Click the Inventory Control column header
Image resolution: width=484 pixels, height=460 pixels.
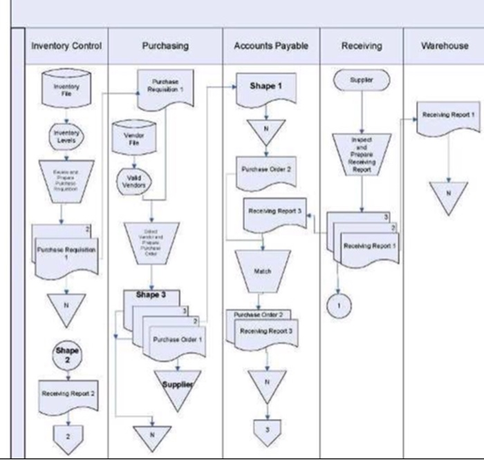point(66,46)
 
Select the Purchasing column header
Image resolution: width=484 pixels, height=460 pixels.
point(165,46)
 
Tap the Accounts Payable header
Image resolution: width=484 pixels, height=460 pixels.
point(270,46)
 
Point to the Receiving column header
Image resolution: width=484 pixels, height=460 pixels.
point(360,46)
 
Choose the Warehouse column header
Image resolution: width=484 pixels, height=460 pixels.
point(445,46)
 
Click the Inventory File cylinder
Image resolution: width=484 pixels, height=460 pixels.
point(66,90)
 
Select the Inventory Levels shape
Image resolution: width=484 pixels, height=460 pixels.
point(66,136)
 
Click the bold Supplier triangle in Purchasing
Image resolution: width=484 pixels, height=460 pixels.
point(177,385)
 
